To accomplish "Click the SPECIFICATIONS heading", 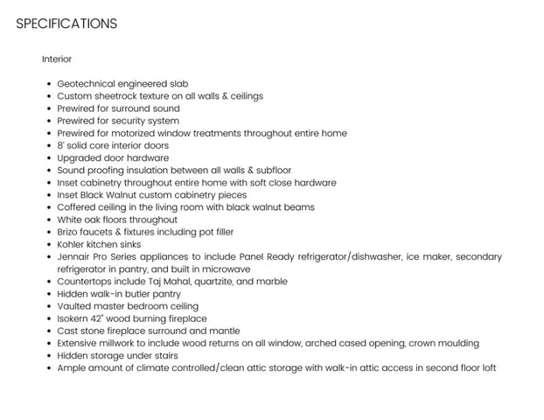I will [66, 24].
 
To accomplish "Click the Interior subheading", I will [57, 59].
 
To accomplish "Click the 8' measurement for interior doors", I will [61, 145].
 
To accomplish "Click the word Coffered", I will [80, 207].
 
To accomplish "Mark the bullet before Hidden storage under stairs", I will [48, 356].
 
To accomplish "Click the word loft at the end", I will [486, 368].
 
